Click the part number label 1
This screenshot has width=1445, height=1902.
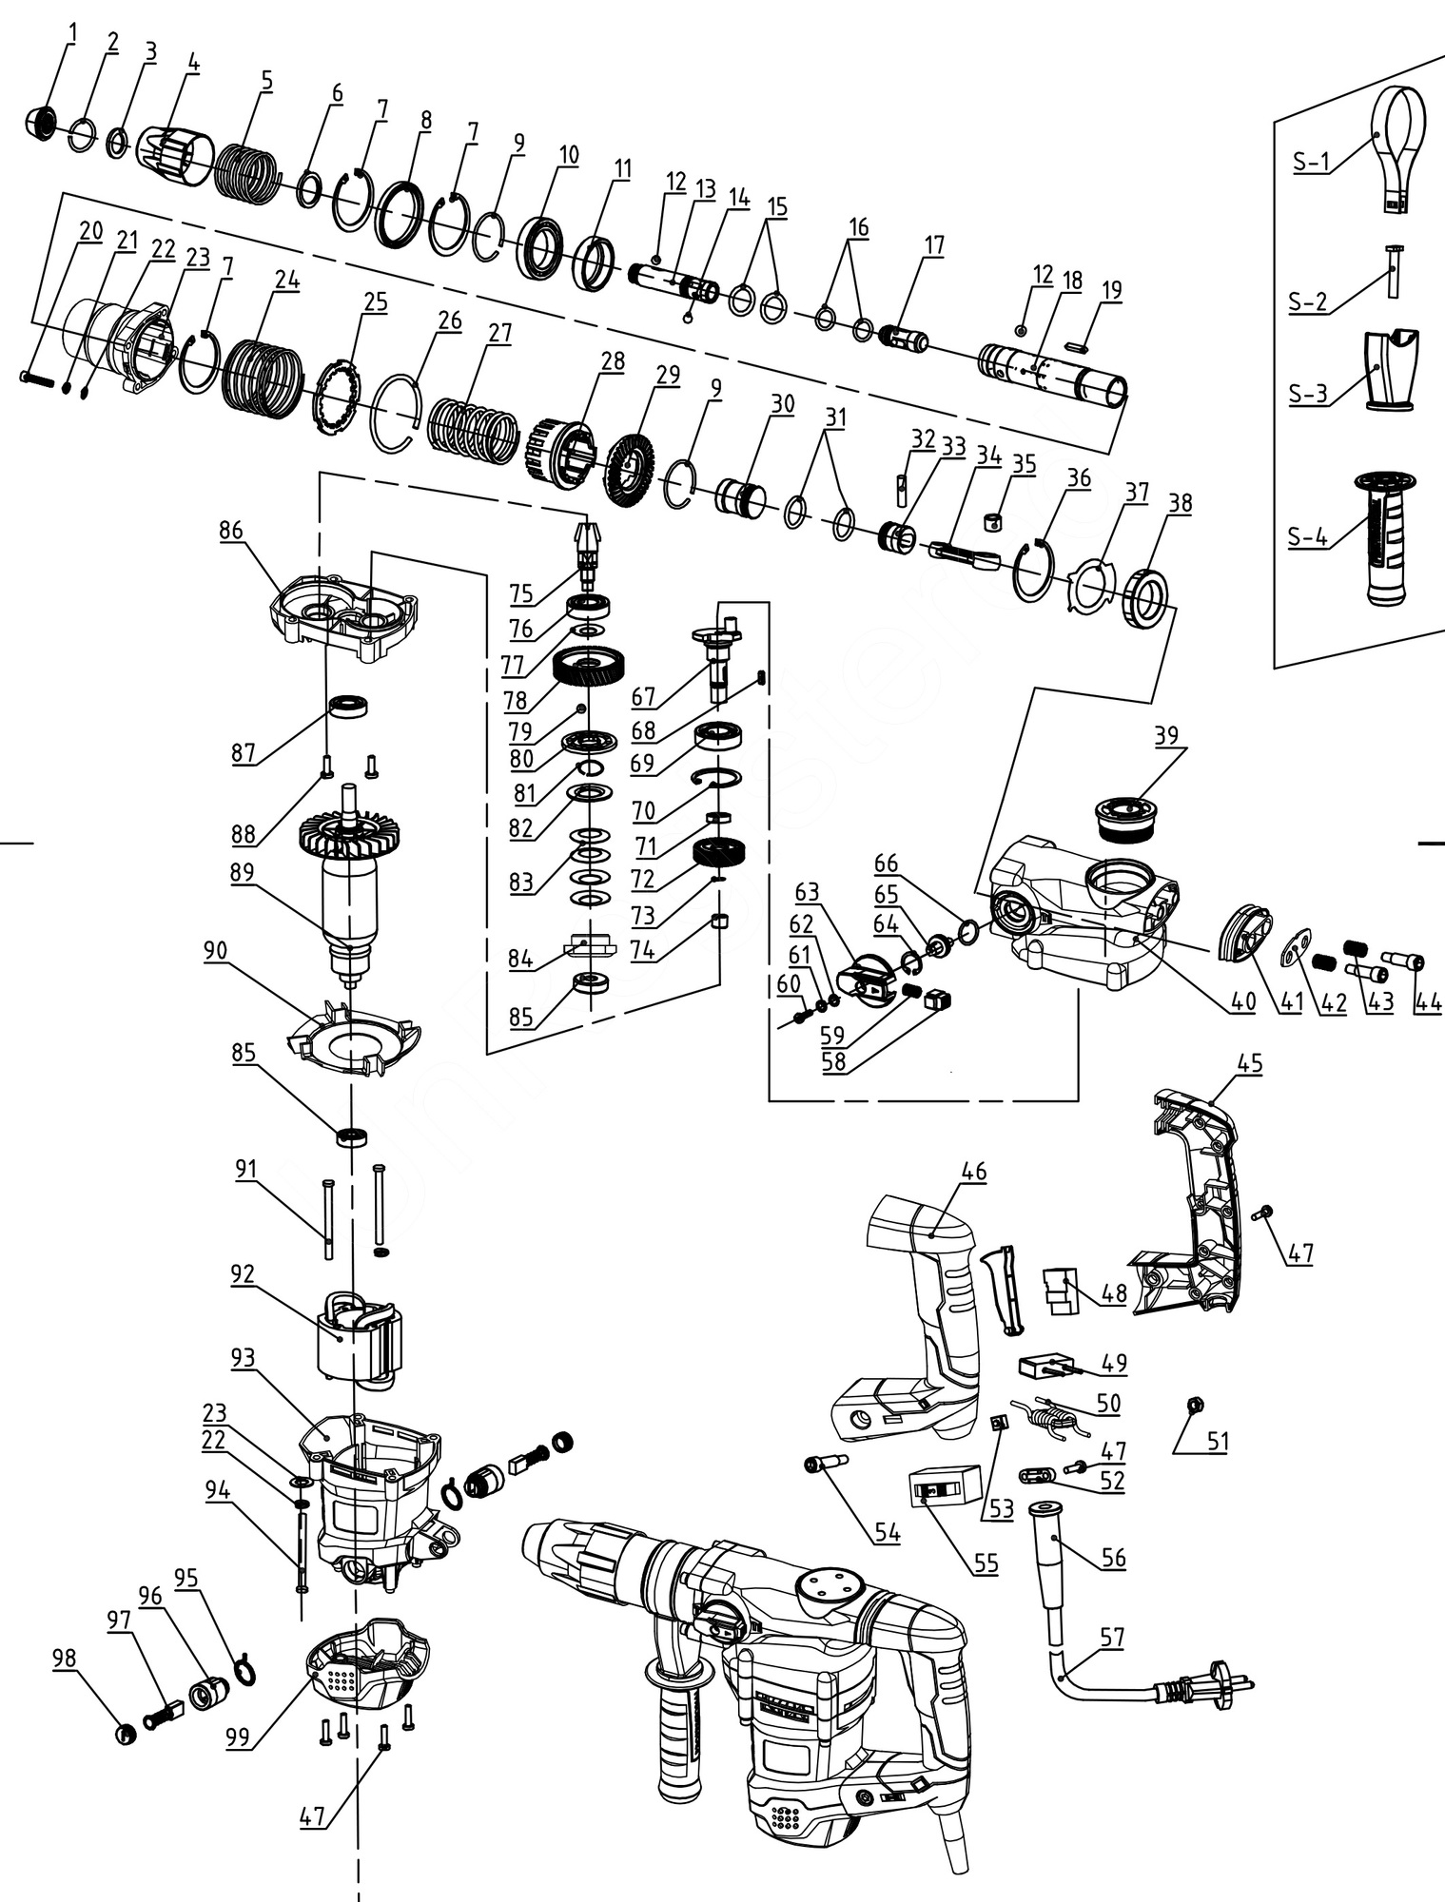73,33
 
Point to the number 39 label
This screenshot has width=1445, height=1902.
1166,735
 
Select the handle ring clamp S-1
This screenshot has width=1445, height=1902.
1397,143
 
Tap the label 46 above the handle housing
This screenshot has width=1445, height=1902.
976,1172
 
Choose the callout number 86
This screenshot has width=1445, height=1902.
231,530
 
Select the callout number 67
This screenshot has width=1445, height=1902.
644,697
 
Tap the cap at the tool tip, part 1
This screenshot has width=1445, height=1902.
39,123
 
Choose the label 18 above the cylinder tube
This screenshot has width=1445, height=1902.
1072,281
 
